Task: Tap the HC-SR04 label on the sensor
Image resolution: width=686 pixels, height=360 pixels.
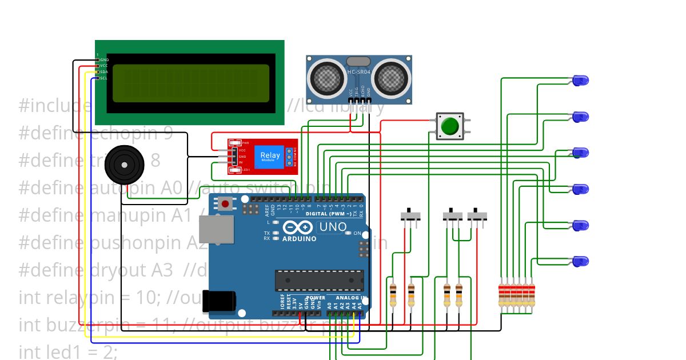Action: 358,72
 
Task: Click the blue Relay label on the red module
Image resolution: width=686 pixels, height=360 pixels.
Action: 270,156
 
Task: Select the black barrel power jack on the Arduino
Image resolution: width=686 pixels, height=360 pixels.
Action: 221,301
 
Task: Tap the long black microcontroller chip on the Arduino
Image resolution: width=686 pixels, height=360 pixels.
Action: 319,279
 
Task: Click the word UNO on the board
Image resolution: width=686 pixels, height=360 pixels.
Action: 333,227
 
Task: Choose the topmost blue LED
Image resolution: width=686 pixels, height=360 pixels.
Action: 581,81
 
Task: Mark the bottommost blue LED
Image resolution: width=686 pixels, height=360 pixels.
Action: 581,262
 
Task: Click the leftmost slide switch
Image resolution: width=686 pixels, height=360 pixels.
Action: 410,216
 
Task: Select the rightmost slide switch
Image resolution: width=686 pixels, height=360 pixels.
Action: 477,217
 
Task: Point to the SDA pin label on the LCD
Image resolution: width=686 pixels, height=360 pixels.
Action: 103,72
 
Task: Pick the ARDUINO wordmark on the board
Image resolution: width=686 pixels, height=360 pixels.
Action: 299,239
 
